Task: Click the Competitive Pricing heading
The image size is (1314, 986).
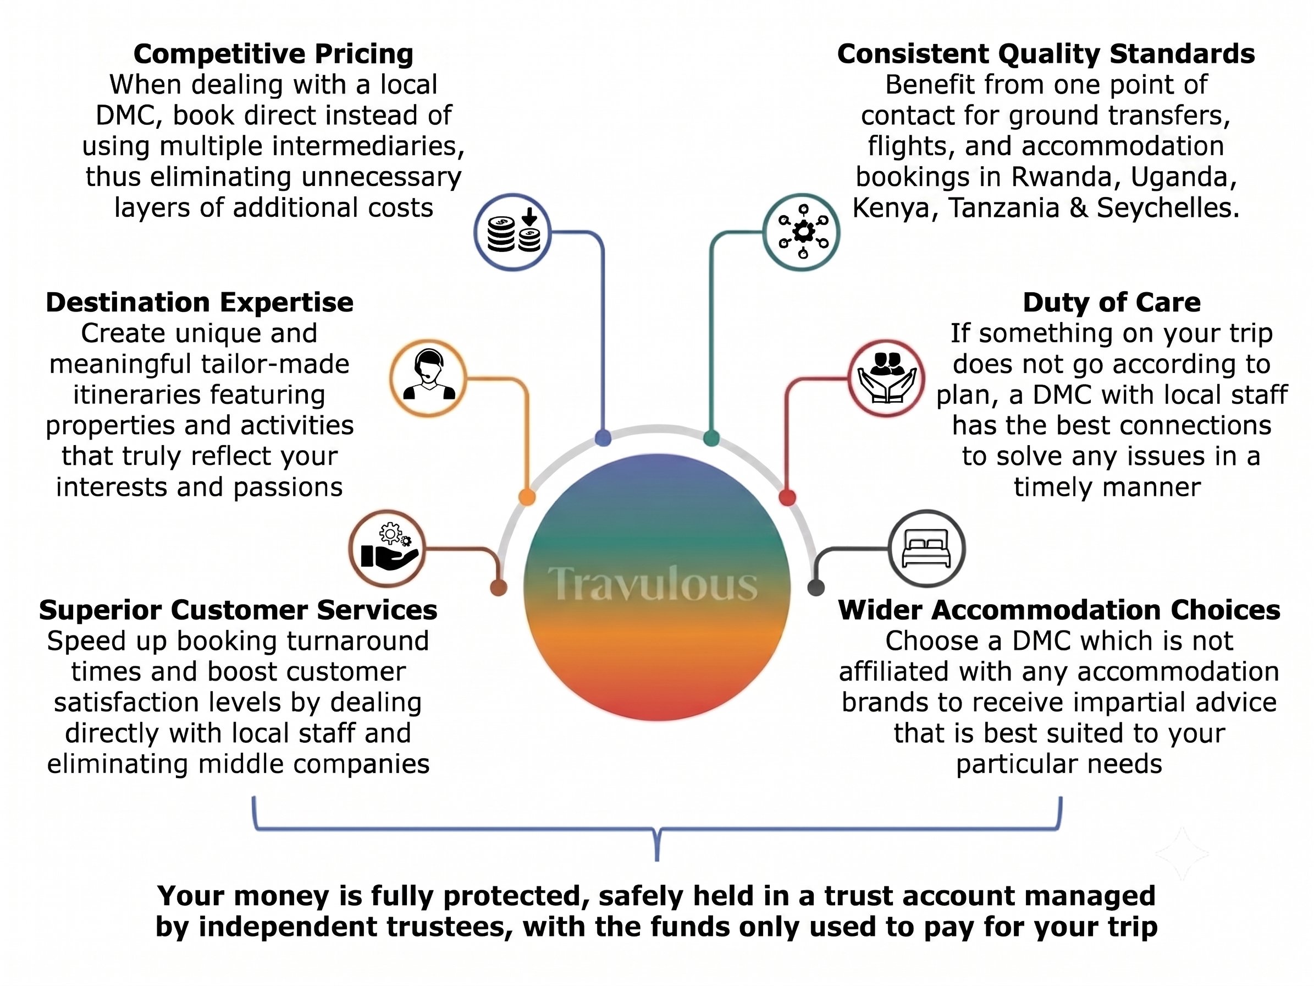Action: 273,54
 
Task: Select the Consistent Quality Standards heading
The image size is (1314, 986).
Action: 1046,54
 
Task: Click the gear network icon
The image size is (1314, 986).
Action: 803,232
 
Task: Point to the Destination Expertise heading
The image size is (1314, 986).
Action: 200,303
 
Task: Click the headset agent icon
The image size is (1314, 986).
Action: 428,378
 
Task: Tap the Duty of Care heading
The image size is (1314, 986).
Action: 1112,303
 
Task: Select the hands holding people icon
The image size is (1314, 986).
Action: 887,379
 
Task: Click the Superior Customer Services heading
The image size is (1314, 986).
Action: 238,610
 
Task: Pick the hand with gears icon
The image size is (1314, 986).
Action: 389,547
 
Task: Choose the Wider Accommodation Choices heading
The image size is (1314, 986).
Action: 1059,610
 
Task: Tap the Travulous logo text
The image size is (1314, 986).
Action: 652,584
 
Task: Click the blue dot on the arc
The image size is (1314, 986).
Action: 603,439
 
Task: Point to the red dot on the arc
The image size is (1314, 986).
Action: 787,497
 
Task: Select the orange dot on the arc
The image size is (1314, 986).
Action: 527,497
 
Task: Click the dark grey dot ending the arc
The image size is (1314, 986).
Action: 816,587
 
